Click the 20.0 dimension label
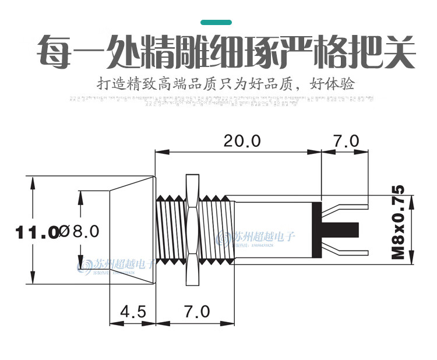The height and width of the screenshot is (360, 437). click(239, 141)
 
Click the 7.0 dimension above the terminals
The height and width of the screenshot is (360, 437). click(346, 141)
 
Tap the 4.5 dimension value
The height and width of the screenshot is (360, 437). click(133, 311)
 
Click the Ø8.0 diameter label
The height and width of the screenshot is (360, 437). click(80, 231)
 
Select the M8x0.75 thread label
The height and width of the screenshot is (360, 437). click(397, 222)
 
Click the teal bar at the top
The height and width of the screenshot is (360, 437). click(216, 22)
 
